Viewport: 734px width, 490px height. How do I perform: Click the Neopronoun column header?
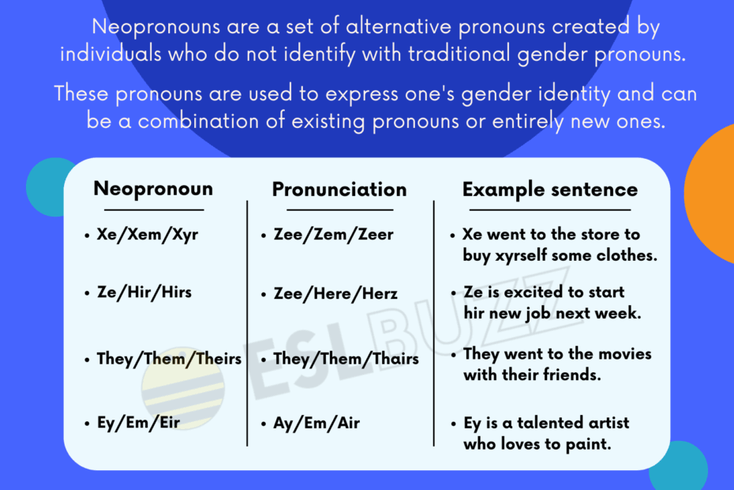(153, 190)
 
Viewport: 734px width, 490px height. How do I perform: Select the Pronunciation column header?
(339, 190)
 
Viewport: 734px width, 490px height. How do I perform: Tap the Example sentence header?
(550, 190)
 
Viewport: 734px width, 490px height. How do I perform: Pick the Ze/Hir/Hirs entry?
(144, 292)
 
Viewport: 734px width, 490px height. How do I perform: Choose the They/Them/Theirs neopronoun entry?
(169, 359)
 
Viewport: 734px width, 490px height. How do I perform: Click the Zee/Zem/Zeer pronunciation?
(333, 235)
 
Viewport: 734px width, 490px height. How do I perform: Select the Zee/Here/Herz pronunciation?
(335, 294)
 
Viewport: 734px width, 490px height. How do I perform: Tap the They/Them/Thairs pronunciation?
(346, 360)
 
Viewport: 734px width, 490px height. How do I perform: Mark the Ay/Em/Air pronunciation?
(316, 423)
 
